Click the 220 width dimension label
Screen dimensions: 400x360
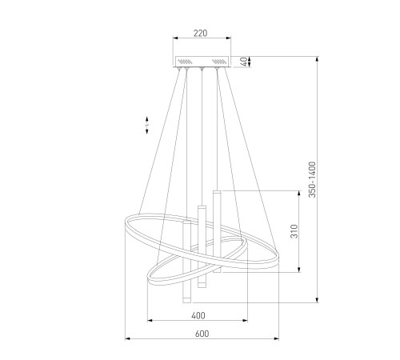point(200,33)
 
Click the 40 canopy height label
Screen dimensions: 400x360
point(244,62)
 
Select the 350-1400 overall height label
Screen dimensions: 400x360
point(312,179)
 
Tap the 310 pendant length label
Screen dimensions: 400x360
point(294,231)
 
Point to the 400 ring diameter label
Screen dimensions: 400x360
point(198,316)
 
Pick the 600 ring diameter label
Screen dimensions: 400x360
point(202,334)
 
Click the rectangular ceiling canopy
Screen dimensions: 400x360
point(202,62)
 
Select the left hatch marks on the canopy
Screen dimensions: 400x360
point(185,62)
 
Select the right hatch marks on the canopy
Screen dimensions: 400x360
point(219,62)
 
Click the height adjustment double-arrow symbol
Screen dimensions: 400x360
point(146,125)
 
